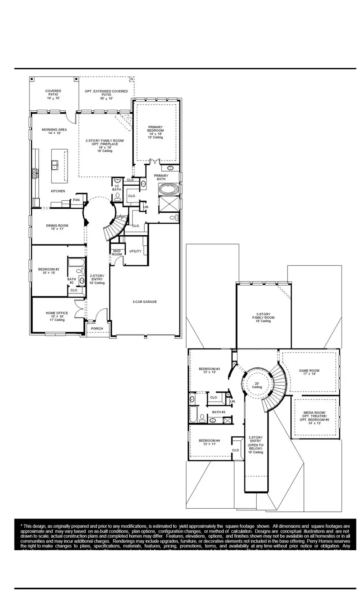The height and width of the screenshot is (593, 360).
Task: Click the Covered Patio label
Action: (53, 94)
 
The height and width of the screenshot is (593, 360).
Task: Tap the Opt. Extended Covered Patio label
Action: (106, 94)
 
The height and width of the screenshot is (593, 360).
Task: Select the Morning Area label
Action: (54, 131)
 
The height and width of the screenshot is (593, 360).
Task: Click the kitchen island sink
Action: (56, 165)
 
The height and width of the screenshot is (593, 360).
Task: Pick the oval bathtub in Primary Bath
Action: (169, 191)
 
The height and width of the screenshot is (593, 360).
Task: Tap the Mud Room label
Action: (116, 252)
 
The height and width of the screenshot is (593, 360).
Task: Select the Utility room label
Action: (135, 251)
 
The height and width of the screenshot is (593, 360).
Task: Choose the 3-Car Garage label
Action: (145, 302)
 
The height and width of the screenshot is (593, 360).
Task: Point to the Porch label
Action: (97, 329)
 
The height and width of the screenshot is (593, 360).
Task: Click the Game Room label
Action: (309, 372)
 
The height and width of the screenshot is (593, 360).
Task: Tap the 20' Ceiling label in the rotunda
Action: (257, 385)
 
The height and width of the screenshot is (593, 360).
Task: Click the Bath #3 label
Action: (219, 412)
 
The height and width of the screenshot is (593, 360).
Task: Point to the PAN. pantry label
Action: (76, 200)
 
